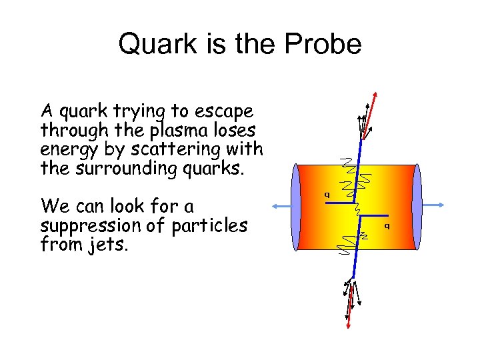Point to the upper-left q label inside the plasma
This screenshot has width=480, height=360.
(x=327, y=195)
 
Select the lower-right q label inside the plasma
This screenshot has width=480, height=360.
(x=387, y=226)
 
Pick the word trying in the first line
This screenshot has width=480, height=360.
(x=144, y=110)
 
